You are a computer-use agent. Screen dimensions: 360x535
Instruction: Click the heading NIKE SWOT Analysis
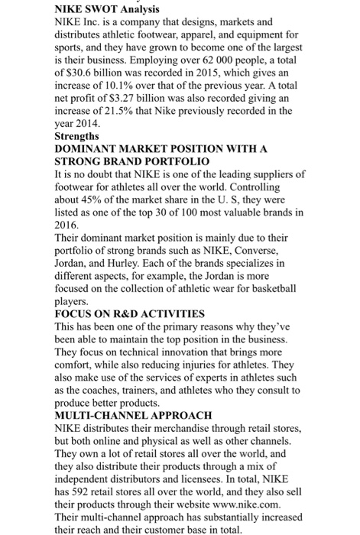108,9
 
